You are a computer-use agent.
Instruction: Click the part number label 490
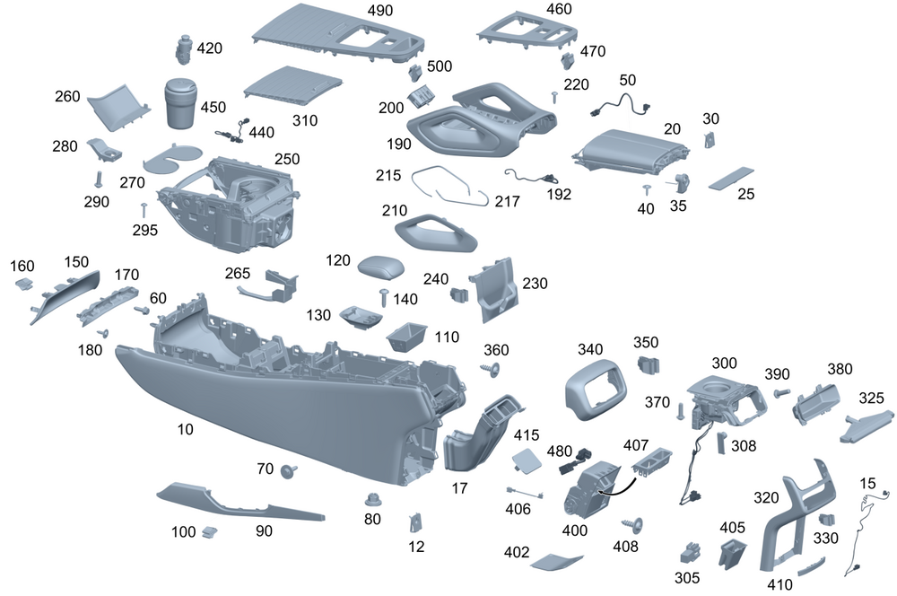click(380, 11)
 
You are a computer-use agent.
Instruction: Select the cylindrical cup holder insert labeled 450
click(183, 106)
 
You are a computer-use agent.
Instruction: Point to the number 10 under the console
click(185, 430)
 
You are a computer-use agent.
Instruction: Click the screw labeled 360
click(492, 369)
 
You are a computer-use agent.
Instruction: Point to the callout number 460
click(558, 9)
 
